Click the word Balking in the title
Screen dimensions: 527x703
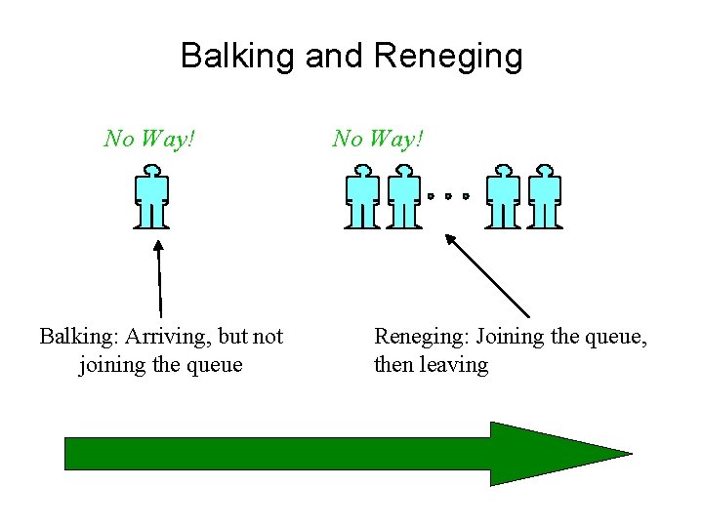point(238,56)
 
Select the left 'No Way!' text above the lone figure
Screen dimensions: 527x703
point(150,139)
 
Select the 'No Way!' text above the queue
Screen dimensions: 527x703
point(378,139)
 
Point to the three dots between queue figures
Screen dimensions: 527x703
point(448,196)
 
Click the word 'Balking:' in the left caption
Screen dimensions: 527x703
point(77,337)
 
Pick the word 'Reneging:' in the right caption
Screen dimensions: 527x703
point(421,337)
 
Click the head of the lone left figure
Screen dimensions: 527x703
point(151,172)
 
